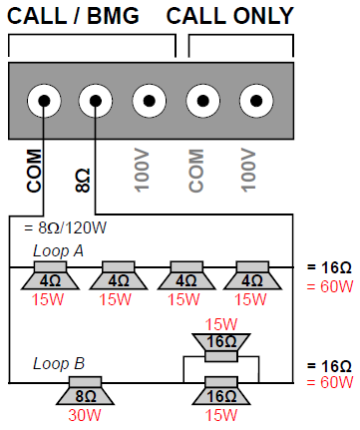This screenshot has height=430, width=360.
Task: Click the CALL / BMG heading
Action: coord(73,16)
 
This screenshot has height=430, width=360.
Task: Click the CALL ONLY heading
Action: coord(230,16)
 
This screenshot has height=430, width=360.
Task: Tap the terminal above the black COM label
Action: coord(44,101)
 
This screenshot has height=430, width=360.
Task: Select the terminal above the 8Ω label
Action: coord(96,101)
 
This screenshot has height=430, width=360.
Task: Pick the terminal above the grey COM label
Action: coord(202,101)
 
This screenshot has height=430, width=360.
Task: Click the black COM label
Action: coord(34,171)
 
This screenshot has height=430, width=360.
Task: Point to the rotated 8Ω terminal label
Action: coord(83,181)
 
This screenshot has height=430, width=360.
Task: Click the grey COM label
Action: coord(196,171)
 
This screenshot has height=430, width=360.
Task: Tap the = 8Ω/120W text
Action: coord(65,228)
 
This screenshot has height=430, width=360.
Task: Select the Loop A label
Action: coord(58,251)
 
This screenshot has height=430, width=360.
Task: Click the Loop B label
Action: coord(59,364)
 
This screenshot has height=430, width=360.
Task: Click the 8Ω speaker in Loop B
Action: coord(86,391)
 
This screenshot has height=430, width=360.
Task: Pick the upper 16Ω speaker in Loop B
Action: coord(221,347)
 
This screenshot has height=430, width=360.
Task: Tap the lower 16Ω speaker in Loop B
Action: coord(221,391)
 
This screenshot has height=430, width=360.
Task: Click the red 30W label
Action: coord(85,415)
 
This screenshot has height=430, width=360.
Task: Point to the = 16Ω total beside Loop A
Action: coord(329,267)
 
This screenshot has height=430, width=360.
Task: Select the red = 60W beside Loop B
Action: coord(330,382)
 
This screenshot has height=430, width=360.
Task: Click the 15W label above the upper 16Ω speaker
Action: coord(221,324)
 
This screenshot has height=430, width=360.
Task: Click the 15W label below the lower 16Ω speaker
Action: coord(221,415)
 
